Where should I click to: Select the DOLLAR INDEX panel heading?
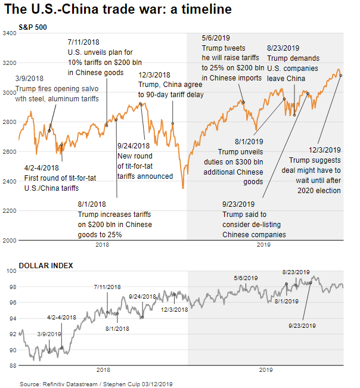45,265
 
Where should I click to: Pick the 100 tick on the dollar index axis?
11,271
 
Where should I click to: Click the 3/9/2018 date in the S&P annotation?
29,79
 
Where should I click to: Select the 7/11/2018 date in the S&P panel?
84,42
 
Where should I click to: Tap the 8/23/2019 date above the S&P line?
283,48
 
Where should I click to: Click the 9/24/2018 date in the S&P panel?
134,145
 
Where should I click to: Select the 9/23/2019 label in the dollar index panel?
302,325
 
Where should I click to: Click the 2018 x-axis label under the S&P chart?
103,245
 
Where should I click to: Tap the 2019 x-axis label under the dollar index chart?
265,370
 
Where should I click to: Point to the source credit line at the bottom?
88,384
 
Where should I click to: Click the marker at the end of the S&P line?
341,75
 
